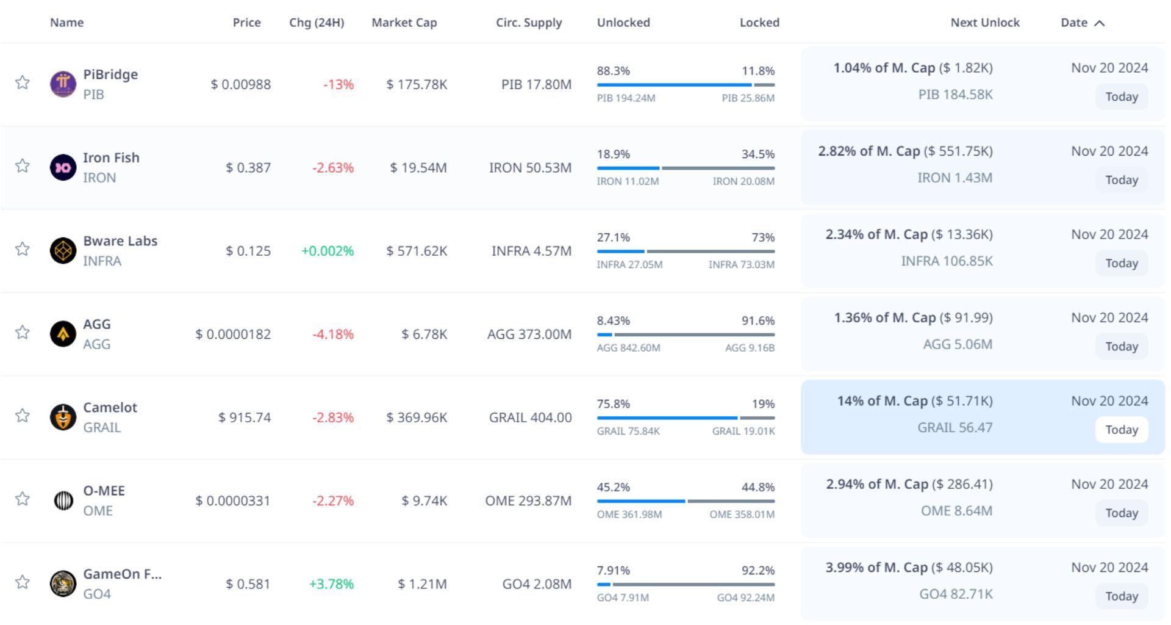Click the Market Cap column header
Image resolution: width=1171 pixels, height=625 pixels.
point(404,23)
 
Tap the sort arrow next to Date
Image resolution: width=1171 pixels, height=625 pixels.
point(1100,23)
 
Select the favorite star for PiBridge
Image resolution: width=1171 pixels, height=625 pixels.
point(23,82)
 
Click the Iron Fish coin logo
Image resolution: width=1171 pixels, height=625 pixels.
point(63,167)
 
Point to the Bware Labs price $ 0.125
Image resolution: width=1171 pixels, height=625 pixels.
point(248,251)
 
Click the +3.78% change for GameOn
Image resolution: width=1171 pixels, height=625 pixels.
point(331,584)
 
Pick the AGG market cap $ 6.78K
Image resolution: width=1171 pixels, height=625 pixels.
point(424,334)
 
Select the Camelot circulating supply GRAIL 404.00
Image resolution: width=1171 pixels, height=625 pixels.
point(530,417)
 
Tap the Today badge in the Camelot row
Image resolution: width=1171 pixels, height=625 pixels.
point(1122,430)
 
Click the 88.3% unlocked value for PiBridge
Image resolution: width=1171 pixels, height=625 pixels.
point(613,71)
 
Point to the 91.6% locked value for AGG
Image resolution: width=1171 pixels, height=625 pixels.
point(757,321)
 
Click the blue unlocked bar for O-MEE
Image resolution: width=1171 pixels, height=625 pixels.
point(641,501)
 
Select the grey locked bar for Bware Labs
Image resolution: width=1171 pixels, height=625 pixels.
point(711,251)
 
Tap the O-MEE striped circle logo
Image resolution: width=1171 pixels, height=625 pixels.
point(63,500)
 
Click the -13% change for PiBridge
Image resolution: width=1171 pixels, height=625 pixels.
point(338,85)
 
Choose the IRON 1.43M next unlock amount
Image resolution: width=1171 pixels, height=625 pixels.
point(954,178)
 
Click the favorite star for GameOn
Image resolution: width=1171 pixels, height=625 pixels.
point(23,582)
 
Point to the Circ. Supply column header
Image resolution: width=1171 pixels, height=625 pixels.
point(529,23)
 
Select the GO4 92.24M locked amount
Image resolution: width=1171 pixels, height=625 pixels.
point(745,598)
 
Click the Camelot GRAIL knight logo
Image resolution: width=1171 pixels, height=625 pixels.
point(63,417)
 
